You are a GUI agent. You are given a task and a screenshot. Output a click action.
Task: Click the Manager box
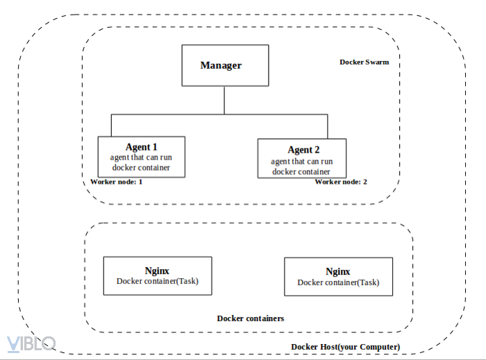(224, 66)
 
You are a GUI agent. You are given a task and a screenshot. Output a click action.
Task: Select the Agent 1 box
(142, 157)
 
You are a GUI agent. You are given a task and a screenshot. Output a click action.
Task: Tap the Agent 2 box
(301, 159)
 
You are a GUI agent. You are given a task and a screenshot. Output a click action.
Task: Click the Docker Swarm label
(364, 62)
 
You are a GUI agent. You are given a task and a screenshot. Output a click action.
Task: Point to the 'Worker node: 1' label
(117, 182)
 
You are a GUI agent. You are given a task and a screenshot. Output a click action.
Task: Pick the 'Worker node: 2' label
(341, 182)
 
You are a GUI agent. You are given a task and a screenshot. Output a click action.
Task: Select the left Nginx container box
(157, 275)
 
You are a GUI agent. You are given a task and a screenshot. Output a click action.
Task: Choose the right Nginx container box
(338, 277)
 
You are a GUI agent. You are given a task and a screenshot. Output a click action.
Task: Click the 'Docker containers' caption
(251, 318)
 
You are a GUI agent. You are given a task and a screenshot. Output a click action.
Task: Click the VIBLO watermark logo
(31, 343)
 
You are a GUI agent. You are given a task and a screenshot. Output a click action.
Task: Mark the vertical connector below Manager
(224, 101)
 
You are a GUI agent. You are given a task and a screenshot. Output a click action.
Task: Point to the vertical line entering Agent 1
(111, 126)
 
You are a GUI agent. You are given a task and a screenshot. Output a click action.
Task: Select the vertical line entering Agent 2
(328, 127)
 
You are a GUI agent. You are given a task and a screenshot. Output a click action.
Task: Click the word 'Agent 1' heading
(142, 147)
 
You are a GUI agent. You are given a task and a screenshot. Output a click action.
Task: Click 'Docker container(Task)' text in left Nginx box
(157, 281)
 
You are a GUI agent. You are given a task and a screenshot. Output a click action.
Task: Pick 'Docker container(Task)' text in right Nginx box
(338, 282)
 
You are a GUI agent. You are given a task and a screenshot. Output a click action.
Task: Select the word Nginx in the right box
(338, 271)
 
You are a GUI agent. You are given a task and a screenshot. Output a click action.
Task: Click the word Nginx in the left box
(157, 271)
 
